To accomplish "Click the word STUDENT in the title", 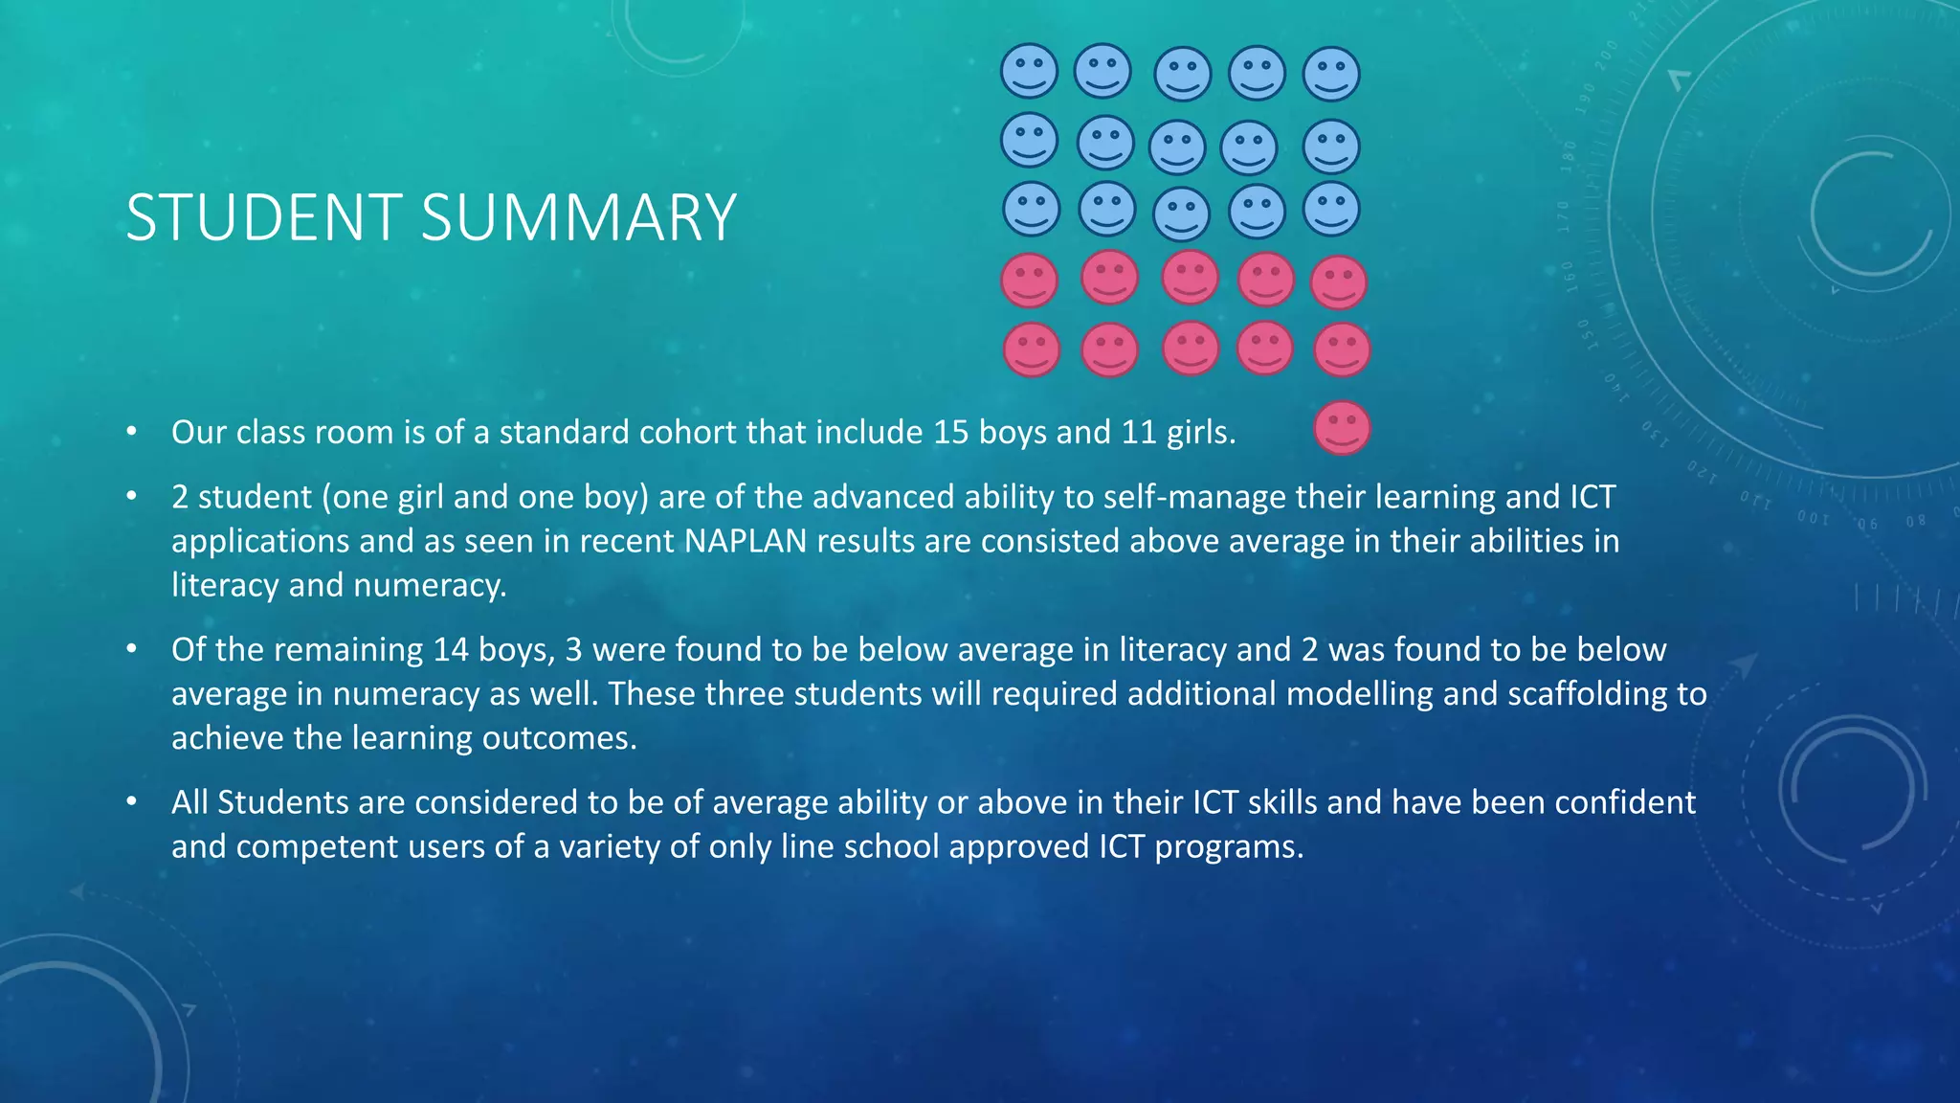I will click(264, 217).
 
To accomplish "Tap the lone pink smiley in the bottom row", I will click(1342, 427).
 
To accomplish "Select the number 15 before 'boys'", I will click(951, 433).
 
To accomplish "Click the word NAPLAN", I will click(746, 541).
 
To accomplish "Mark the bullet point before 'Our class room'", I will click(132, 433).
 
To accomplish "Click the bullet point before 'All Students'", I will click(132, 802).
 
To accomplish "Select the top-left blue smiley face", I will click(1029, 71).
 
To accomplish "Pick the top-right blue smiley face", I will click(1331, 74).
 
